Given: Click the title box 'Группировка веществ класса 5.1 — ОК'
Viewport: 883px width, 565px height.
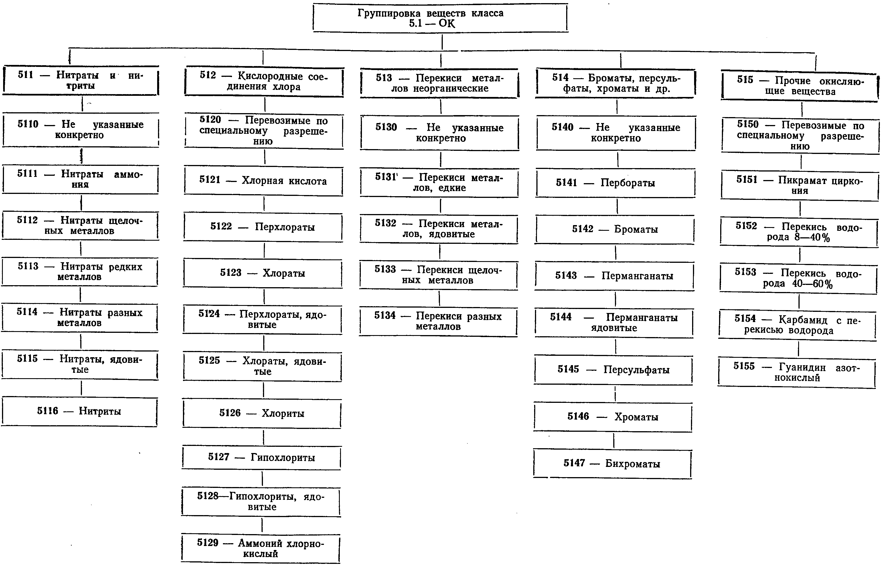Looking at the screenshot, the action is [x=441, y=18].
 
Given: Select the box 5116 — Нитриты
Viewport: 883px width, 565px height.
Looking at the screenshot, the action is [x=79, y=412].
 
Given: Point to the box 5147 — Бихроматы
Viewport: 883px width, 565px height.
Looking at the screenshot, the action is [x=612, y=464].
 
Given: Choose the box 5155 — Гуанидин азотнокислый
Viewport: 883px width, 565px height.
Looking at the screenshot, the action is [x=797, y=373].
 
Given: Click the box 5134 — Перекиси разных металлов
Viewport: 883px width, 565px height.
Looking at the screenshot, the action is [x=438, y=322].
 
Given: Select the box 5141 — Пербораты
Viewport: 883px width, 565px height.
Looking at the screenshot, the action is [x=616, y=183].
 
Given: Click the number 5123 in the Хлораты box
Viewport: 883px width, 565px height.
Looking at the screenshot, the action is [x=231, y=273].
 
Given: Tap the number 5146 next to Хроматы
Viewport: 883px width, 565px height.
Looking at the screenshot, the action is [x=578, y=416].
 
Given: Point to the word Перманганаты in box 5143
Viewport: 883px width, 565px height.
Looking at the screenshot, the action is [x=637, y=276].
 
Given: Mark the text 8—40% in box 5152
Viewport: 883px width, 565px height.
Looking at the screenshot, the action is [x=812, y=237].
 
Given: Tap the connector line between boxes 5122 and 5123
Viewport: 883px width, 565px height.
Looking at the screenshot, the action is [x=264, y=251].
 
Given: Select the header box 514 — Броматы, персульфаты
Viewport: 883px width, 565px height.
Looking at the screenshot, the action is [x=616, y=83].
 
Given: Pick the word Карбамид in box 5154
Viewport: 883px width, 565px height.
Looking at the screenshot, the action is [x=803, y=320].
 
